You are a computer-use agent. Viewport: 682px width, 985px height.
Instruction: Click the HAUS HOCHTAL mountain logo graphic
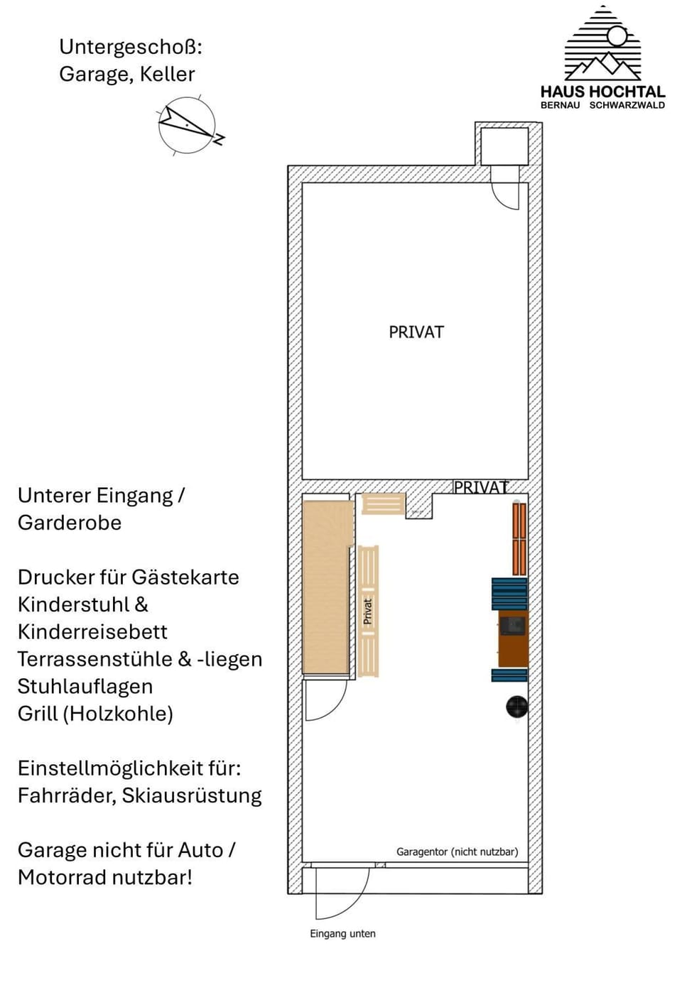pyautogui.click(x=602, y=44)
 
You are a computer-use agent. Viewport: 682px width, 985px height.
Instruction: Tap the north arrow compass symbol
pyautogui.click(x=188, y=126)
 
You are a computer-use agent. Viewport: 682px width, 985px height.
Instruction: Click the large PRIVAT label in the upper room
pyautogui.click(x=416, y=332)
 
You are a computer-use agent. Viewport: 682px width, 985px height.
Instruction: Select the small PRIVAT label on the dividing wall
pyautogui.click(x=481, y=487)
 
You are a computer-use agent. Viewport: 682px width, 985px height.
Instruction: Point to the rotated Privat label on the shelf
pyautogui.click(x=367, y=611)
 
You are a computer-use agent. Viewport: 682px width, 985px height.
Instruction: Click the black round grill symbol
pyautogui.click(x=516, y=706)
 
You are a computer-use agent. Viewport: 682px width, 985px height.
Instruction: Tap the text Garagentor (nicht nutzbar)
pyautogui.click(x=457, y=851)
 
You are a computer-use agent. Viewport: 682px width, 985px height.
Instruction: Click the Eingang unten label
pyautogui.click(x=342, y=934)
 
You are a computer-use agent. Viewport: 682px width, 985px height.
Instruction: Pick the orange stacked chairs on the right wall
pyautogui.click(x=519, y=538)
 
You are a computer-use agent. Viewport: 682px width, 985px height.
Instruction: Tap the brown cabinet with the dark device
pyautogui.click(x=513, y=638)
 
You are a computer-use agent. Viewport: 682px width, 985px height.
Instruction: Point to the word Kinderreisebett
pyautogui.click(x=92, y=632)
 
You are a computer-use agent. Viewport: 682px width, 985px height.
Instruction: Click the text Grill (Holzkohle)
pyautogui.click(x=95, y=714)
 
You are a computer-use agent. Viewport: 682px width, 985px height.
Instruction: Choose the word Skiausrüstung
pyautogui.click(x=192, y=795)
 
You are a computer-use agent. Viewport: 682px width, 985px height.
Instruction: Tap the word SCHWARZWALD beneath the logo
pyautogui.click(x=627, y=105)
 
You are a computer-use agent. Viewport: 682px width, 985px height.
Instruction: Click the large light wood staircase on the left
pyautogui.click(x=325, y=587)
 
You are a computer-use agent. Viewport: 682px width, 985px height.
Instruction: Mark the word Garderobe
pyautogui.click(x=70, y=523)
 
